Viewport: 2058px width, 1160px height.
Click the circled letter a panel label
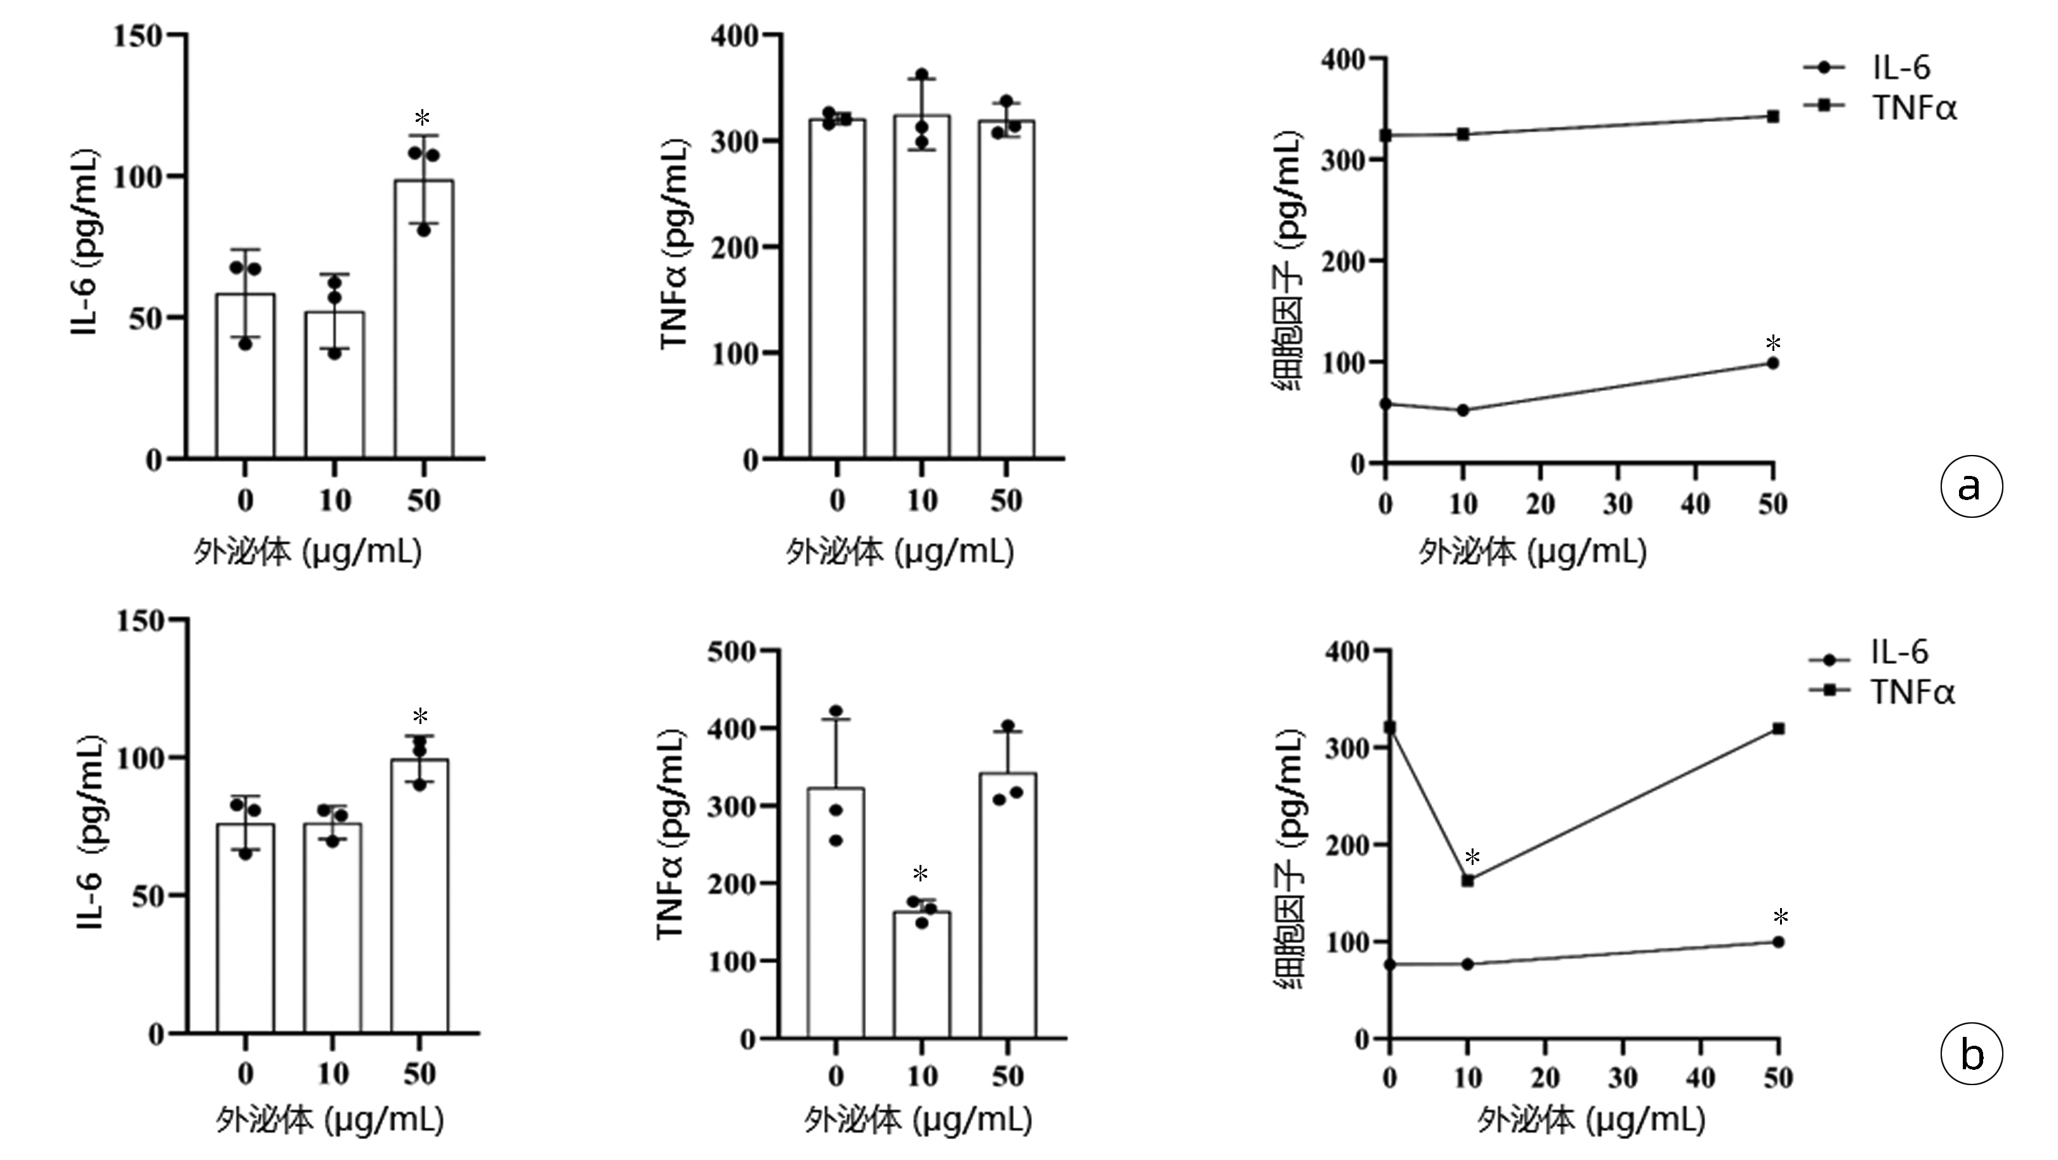pyautogui.click(x=1971, y=485)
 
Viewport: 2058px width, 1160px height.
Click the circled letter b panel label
pyautogui.click(x=1971, y=1055)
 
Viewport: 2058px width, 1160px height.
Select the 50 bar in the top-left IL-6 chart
pyautogui.click(x=424, y=320)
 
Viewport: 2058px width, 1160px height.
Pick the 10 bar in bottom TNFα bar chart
pyautogui.click(x=921, y=975)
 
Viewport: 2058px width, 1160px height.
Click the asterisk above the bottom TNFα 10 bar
pyautogui.click(x=920, y=873)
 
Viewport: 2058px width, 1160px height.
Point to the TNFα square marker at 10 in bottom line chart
pyautogui.click(x=1468, y=880)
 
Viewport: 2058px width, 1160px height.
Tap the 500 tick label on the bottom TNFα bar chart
pyautogui.click(x=731, y=651)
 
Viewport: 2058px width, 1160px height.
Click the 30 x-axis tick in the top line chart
pyautogui.click(x=1618, y=504)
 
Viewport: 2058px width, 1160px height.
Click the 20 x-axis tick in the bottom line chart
pyautogui.click(x=1545, y=1079)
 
